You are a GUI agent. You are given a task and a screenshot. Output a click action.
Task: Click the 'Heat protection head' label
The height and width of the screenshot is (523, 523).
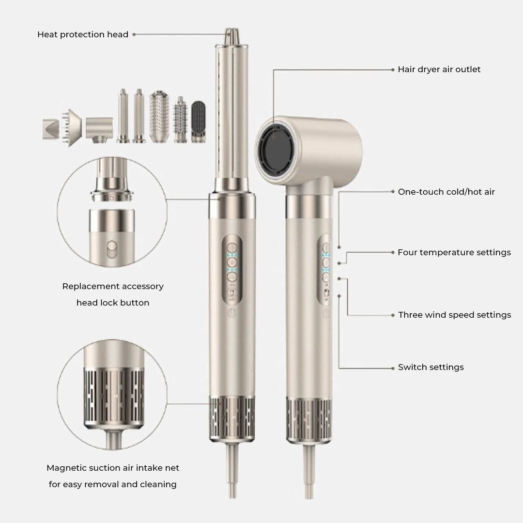pyautogui.click(x=83, y=34)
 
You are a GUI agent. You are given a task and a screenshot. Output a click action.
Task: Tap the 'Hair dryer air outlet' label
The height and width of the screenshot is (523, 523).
pyautogui.click(x=439, y=69)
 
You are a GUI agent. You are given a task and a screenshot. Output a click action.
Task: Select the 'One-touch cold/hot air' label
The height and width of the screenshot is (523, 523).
pyautogui.click(x=446, y=192)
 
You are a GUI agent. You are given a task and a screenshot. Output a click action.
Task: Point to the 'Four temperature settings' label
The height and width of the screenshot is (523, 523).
pyautogui.click(x=454, y=252)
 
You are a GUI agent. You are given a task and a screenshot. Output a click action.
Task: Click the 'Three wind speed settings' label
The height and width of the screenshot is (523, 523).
pyautogui.click(x=454, y=315)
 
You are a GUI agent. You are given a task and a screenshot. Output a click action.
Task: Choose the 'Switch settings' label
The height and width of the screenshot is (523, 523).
pyautogui.click(x=431, y=367)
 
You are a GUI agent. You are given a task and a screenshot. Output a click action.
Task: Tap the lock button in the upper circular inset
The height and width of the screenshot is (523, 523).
pyautogui.click(x=112, y=249)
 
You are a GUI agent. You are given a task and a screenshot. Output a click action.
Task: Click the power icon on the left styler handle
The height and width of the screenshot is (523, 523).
pyautogui.click(x=232, y=312)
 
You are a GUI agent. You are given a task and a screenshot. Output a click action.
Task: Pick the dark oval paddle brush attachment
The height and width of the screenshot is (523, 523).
pyautogui.click(x=199, y=122)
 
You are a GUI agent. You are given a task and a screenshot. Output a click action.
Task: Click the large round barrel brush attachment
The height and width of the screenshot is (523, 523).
pyautogui.click(x=159, y=116)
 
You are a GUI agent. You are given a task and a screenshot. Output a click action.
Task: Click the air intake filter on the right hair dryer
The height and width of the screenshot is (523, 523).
pyautogui.click(x=309, y=421)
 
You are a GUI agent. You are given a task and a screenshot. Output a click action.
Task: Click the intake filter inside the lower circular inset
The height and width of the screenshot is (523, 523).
pyautogui.click(x=114, y=398)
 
